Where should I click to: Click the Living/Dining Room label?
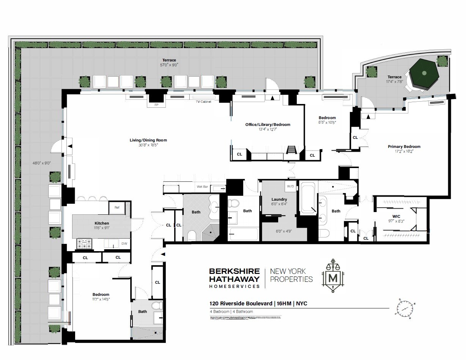click(x=148, y=140)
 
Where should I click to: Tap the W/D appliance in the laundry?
click(x=290, y=186)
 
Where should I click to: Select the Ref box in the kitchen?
click(x=117, y=207)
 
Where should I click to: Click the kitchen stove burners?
click(x=85, y=244)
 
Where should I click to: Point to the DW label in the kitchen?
click(x=124, y=244)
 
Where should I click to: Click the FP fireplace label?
click(x=156, y=105)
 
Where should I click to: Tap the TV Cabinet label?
click(x=203, y=102)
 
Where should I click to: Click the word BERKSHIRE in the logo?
click(x=235, y=271)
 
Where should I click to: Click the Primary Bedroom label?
click(x=404, y=146)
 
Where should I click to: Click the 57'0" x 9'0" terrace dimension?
click(x=169, y=65)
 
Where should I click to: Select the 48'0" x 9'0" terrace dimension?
click(x=42, y=163)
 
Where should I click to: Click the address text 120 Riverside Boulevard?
click(x=241, y=303)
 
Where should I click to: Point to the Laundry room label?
click(x=279, y=199)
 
